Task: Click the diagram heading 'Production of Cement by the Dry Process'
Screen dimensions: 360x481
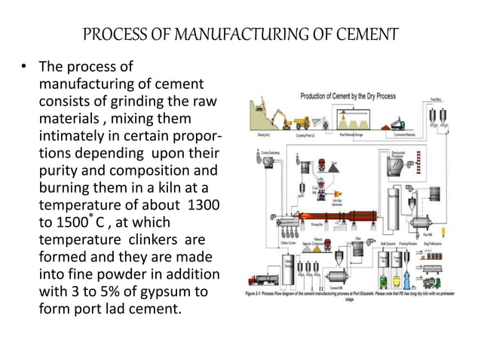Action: [358, 96]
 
